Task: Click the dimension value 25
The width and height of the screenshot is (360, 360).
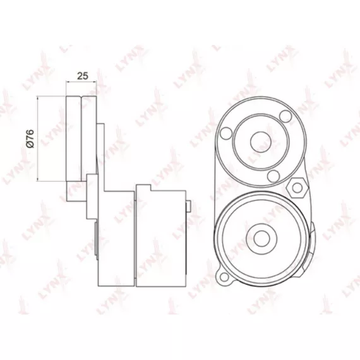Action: pyautogui.click(x=83, y=76)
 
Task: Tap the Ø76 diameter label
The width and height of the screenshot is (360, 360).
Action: pyautogui.click(x=30, y=139)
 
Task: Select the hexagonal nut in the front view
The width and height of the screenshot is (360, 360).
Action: pyautogui.click(x=297, y=188)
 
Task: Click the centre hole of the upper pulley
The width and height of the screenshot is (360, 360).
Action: pyautogui.click(x=261, y=141)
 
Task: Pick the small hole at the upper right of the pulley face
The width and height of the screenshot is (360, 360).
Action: pyautogui.click(x=286, y=116)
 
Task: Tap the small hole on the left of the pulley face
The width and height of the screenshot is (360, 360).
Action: pyautogui.click(x=226, y=133)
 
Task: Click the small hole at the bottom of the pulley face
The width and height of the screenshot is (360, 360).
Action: pyautogui.click(x=273, y=176)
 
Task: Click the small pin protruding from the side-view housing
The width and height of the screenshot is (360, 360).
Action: pyautogui.click(x=188, y=206)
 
